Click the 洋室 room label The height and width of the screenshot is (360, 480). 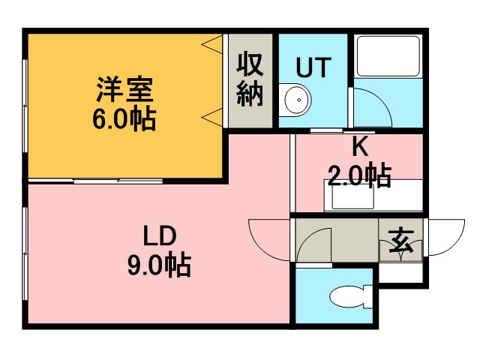point(124,89)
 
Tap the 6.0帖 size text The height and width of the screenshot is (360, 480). point(124,118)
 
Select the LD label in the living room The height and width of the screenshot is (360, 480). point(160,235)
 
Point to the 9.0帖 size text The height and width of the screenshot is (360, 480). point(159,265)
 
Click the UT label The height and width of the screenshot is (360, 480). point(313,67)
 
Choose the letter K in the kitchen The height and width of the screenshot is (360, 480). point(360,147)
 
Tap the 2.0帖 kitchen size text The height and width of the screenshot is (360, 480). point(360,175)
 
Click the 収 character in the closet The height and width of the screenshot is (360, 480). point(250,64)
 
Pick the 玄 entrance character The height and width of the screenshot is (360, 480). point(401,241)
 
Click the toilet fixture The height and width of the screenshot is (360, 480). point(352,296)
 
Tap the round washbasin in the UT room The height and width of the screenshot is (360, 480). point(295,100)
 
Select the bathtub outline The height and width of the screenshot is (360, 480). point(388,56)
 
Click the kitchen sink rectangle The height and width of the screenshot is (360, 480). point(353,196)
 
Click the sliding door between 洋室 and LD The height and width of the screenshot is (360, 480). point(118,181)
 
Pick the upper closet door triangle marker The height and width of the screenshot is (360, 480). point(212,44)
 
